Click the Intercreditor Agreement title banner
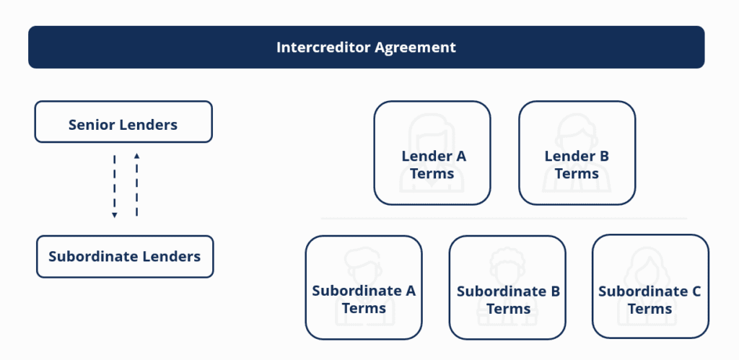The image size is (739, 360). tap(366, 48)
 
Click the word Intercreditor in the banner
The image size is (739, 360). tap(323, 48)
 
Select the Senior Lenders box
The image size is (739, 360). tap(123, 122)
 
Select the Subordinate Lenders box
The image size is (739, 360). tap(125, 257)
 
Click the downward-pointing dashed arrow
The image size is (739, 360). tap(114, 185)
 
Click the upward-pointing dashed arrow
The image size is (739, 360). tap(136, 185)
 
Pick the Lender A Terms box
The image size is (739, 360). tap(432, 153)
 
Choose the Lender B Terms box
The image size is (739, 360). tap(577, 153)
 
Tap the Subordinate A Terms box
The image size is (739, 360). tap(364, 287)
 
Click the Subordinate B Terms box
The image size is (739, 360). tap(507, 287)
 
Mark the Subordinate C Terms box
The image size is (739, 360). tap(650, 287)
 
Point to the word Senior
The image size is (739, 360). tap(91, 125)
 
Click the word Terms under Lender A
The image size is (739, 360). tap(432, 174)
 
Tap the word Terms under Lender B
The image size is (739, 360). tap(577, 174)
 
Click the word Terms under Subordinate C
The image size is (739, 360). tap(650, 309)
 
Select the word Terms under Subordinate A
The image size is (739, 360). tap(364, 309)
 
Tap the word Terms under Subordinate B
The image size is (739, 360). tap(508, 309)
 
